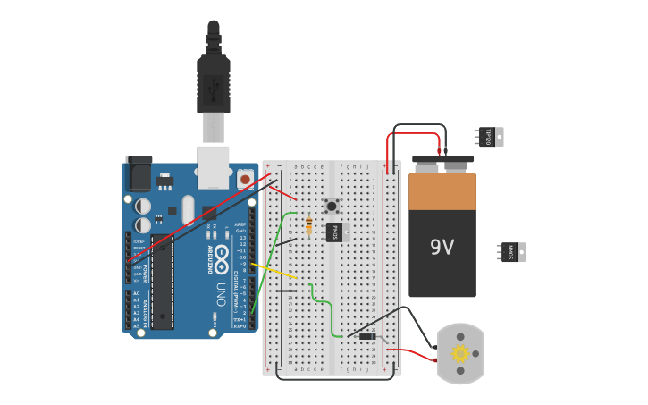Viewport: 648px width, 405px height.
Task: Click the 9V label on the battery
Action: click(x=442, y=247)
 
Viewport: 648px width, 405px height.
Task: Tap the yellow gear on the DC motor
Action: click(x=460, y=353)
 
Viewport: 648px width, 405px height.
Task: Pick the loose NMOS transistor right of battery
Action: click(x=512, y=252)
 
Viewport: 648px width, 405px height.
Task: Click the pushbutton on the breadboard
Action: click(x=332, y=207)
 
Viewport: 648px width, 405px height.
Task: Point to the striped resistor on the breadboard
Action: click(x=309, y=225)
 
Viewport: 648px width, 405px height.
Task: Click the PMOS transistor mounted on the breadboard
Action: click(x=334, y=232)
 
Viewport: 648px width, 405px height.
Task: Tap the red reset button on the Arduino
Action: click(x=245, y=180)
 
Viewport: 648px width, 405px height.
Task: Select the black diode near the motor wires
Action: click(x=367, y=336)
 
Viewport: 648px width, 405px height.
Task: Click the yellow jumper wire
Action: click(x=274, y=270)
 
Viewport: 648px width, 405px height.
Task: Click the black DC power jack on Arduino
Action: click(x=139, y=173)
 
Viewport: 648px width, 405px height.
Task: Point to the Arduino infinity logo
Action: click(x=221, y=254)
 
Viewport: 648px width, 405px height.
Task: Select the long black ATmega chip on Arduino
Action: click(x=162, y=283)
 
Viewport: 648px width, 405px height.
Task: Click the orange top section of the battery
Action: click(x=442, y=191)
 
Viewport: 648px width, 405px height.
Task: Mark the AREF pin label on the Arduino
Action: click(x=240, y=224)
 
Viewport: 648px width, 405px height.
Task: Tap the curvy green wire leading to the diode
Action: click(x=325, y=313)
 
